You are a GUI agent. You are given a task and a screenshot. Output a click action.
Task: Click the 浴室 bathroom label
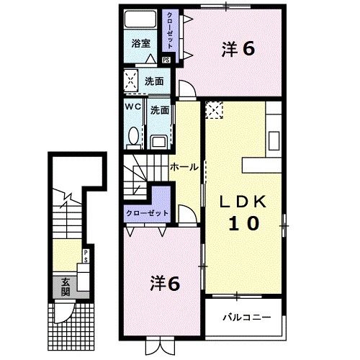(x=140, y=44)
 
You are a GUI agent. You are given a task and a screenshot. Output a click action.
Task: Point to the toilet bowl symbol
(x=133, y=135)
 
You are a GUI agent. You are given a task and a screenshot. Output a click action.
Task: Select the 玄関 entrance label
(x=65, y=287)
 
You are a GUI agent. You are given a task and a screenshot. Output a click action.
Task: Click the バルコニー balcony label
(x=245, y=316)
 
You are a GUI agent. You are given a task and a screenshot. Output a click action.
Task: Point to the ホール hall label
(x=184, y=166)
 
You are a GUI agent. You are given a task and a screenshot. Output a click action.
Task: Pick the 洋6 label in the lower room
(x=165, y=282)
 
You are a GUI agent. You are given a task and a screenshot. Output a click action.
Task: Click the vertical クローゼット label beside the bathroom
(x=170, y=29)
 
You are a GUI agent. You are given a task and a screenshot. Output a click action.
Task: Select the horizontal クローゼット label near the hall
(x=148, y=213)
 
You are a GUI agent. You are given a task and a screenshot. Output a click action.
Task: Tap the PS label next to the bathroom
(x=167, y=60)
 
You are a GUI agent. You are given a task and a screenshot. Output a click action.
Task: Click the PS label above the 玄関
(x=86, y=254)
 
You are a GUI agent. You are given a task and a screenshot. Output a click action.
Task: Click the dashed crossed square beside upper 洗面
(x=131, y=81)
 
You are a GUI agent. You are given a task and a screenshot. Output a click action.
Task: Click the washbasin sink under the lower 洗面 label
(x=159, y=137)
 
